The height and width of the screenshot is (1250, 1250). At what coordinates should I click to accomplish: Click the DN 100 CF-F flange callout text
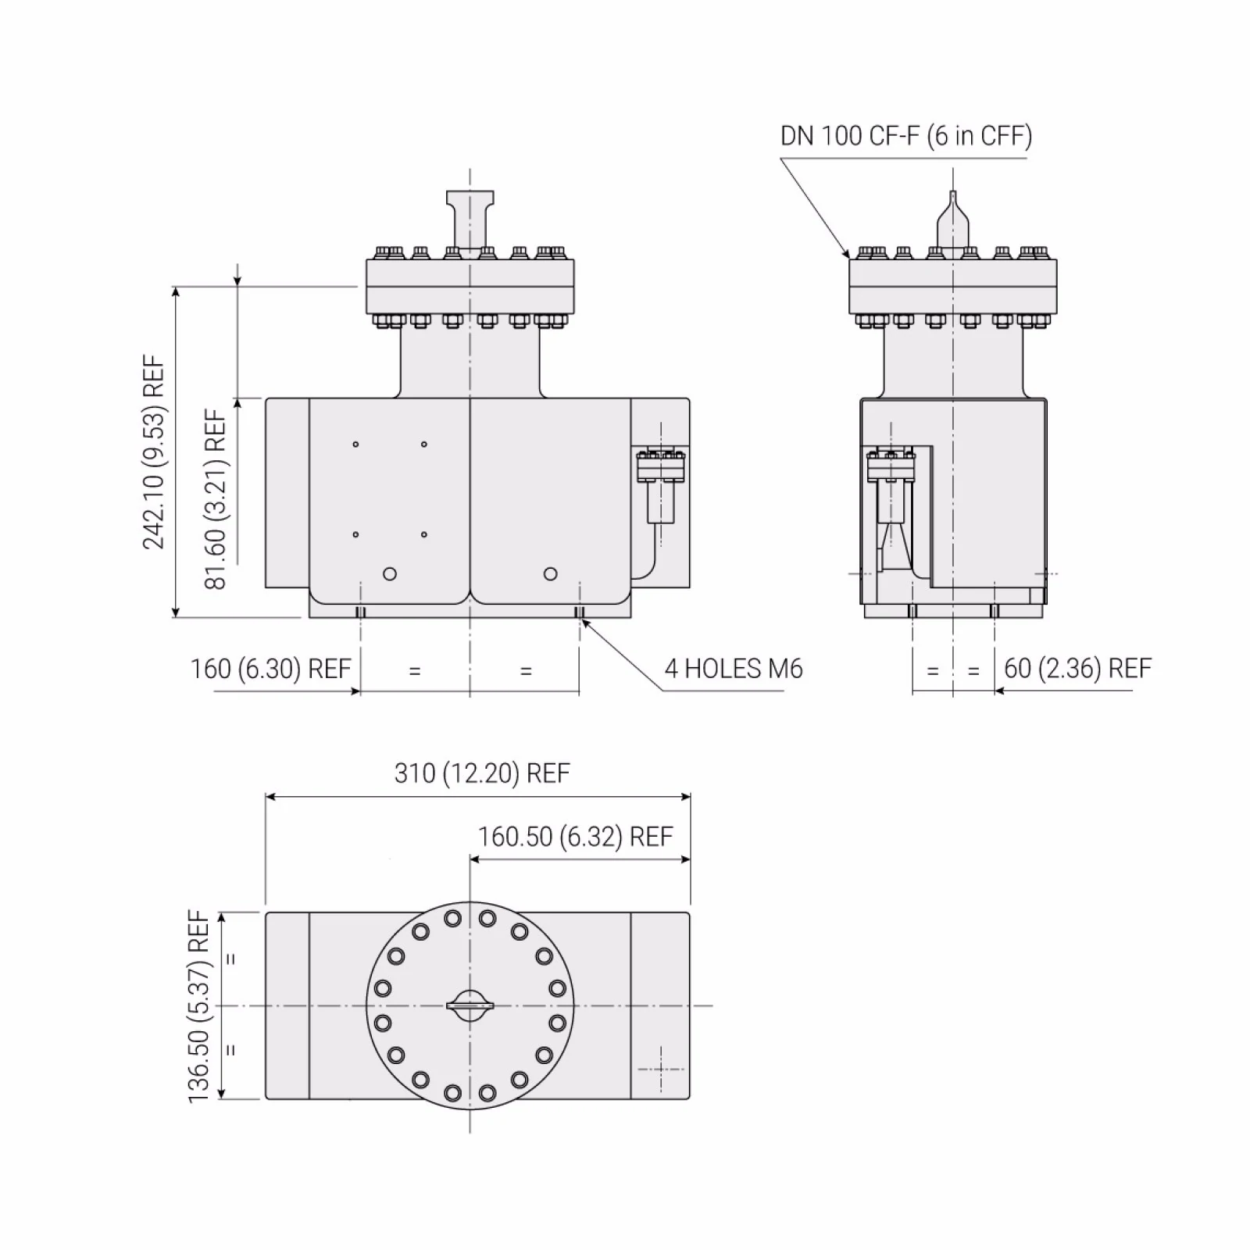(x=905, y=136)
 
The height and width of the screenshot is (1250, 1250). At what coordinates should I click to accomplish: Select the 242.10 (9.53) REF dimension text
(x=154, y=452)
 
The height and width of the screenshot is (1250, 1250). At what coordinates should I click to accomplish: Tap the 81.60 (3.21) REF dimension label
(x=216, y=499)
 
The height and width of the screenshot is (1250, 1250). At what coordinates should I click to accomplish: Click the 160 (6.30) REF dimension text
(x=270, y=670)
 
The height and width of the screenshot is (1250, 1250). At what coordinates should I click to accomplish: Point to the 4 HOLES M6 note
(x=733, y=670)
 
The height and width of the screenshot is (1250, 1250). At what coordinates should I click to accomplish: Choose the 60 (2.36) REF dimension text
(x=1077, y=669)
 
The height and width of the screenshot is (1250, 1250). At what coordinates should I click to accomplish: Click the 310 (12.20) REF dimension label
(x=482, y=773)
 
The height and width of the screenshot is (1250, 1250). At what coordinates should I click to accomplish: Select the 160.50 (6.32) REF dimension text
(x=575, y=837)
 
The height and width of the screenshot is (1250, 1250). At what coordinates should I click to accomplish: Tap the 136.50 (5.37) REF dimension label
(x=199, y=1006)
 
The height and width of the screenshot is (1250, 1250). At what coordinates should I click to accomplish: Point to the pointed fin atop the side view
(x=952, y=223)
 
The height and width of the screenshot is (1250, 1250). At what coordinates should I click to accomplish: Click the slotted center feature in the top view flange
(x=470, y=1005)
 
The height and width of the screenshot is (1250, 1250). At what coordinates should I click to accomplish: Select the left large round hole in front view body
(x=390, y=574)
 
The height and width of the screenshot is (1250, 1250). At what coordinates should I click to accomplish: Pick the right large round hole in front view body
(x=550, y=574)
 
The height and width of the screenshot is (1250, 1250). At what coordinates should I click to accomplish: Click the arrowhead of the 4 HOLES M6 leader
(x=583, y=621)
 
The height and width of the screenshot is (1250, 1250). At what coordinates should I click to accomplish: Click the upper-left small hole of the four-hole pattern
(x=355, y=445)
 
